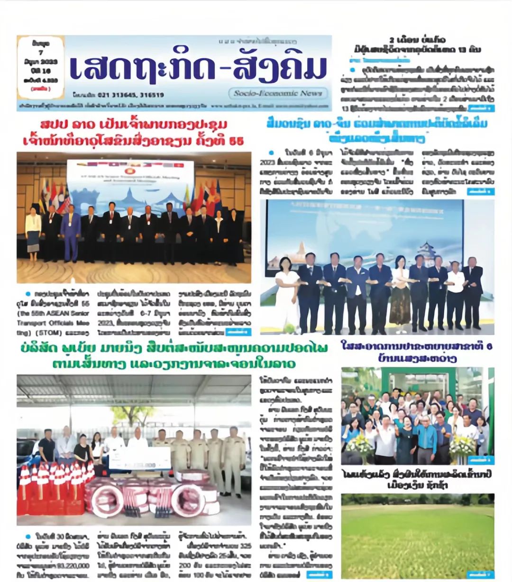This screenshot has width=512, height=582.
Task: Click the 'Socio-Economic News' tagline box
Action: (x=278, y=93)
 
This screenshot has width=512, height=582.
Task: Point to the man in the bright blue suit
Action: (x=71, y=234)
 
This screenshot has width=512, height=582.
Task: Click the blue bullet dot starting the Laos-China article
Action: (x=271, y=152)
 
